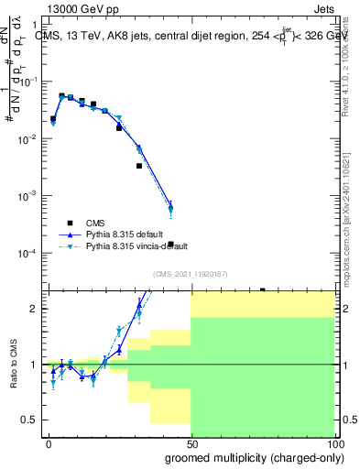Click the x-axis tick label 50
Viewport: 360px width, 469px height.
point(191,442)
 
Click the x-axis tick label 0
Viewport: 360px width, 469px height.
point(49,442)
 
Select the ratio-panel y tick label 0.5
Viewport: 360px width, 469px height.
point(28,420)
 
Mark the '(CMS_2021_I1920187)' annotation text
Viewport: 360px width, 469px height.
point(190,274)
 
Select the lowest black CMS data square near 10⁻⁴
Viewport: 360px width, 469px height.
point(170,245)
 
